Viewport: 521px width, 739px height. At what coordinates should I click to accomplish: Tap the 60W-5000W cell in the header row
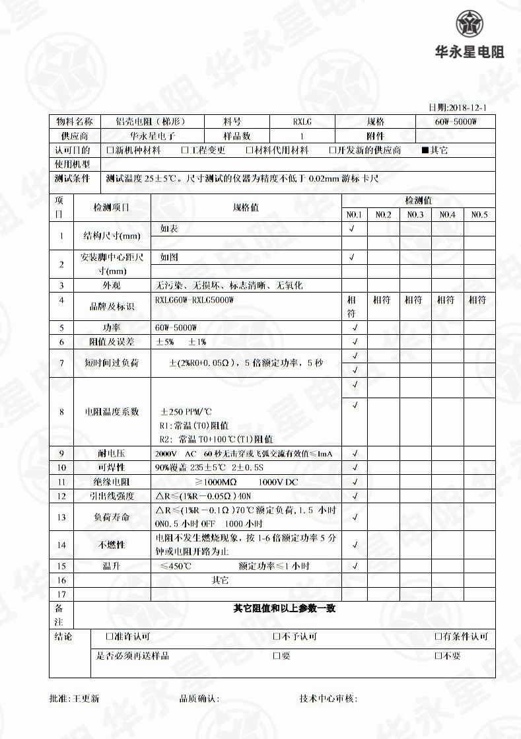pyautogui.click(x=455, y=122)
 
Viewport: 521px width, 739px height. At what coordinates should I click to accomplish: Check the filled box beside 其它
pyautogui.click(x=425, y=151)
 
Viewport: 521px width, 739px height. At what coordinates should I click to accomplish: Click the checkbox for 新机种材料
pyautogui.click(x=110, y=151)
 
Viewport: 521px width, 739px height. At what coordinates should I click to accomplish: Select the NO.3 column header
pyautogui.click(x=415, y=215)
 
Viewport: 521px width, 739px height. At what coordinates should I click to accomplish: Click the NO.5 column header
pyautogui.click(x=479, y=215)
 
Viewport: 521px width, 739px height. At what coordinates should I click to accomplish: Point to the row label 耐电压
pyautogui.click(x=112, y=454)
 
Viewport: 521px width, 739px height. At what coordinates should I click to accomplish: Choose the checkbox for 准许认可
pyautogui.click(x=110, y=637)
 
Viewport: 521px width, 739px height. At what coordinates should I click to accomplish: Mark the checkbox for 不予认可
pyautogui.click(x=277, y=637)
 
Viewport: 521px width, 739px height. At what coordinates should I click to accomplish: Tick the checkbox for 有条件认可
pyautogui.click(x=438, y=637)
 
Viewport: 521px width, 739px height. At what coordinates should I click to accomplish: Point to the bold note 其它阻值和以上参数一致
pyautogui.click(x=284, y=608)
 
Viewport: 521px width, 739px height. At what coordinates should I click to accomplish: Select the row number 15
pyautogui.click(x=61, y=566)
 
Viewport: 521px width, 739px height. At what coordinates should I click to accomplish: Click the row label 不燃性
pyautogui.click(x=112, y=545)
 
